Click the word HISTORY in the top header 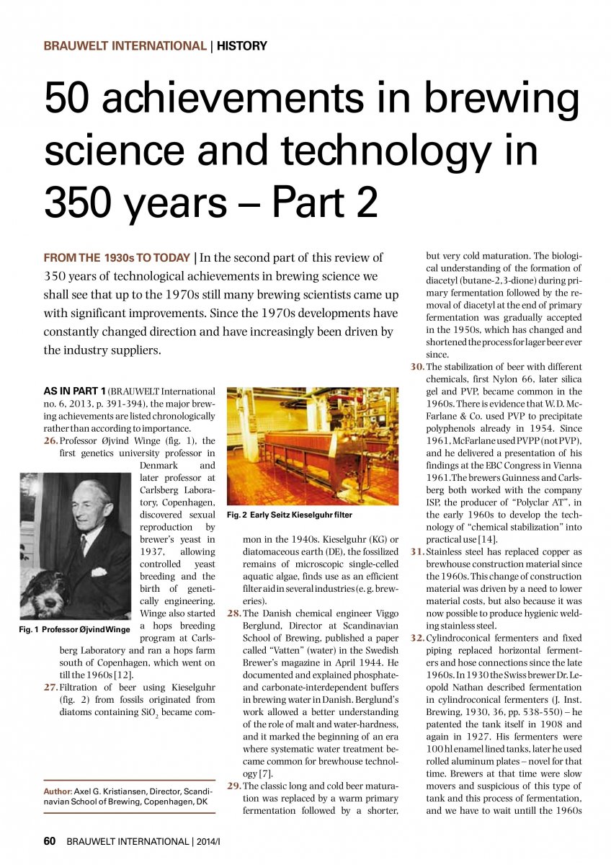pyautogui.click(x=242, y=46)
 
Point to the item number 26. pyautogui.click(x=51, y=440)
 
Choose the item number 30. pyautogui.click(x=417, y=367)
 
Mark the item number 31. pyautogui.click(x=417, y=551)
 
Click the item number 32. pyautogui.click(x=417, y=638)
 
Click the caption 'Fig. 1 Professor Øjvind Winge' pyautogui.click(x=74, y=629)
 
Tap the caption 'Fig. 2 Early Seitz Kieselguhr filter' pyautogui.click(x=289, y=515)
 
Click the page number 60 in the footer pyautogui.click(x=50, y=840)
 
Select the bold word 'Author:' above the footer pyautogui.click(x=58, y=790)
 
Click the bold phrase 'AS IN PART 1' pyautogui.click(x=74, y=391)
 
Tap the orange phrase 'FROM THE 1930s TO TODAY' pyautogui.click(x=117, y=257)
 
